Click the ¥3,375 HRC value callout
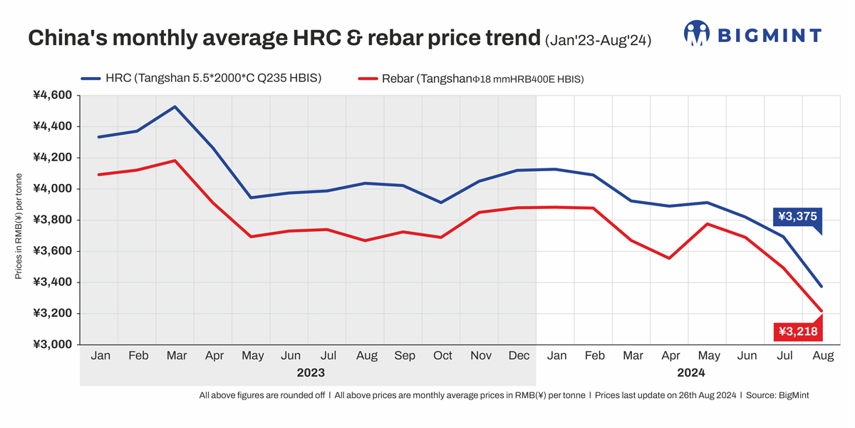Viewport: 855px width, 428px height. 797,216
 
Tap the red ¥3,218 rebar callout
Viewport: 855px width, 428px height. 797,332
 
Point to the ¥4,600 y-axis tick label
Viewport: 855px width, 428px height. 53,95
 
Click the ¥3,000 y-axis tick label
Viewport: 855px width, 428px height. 53,345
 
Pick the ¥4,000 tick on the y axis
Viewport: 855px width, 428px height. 53,189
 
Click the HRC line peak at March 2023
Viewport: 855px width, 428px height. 175,107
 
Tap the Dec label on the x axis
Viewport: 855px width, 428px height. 518,355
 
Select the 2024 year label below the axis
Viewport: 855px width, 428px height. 690,372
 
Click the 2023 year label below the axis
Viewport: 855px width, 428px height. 310,372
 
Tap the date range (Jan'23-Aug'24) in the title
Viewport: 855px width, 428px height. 598,40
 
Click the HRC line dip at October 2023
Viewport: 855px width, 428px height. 441,203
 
